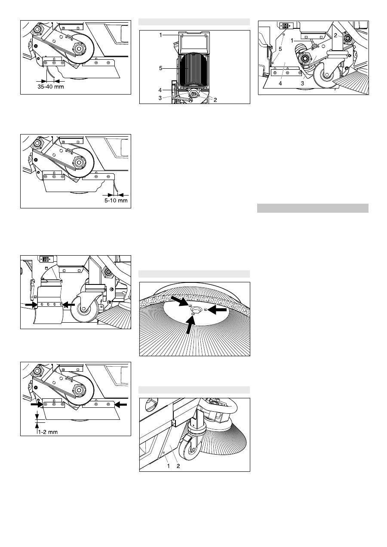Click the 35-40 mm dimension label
51,87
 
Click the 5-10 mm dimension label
116,201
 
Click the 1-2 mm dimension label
48,432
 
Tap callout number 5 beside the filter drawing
160,68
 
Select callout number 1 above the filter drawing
160,35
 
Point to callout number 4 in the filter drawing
160,90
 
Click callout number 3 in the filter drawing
160,98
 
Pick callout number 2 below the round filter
215,100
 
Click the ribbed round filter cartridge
193,71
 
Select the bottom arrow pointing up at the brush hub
191,324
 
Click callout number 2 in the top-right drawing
335,36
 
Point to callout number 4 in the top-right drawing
280,83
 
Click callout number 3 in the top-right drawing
302,83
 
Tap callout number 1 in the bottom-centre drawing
168,466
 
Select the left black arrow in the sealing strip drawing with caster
31,304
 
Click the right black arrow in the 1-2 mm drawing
121,405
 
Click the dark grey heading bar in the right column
313,208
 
